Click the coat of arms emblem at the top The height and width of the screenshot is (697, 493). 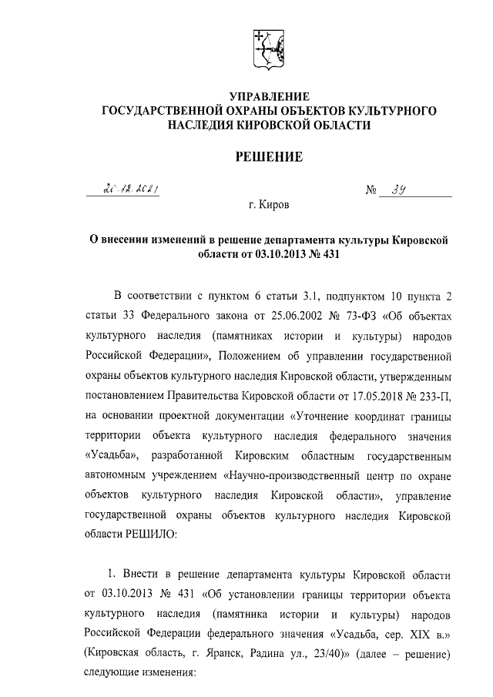tap(270, 48)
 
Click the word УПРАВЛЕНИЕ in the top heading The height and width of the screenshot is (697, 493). tap(270, 97)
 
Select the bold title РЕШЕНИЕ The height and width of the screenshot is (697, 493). tap(269, 158)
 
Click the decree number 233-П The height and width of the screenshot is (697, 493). tap(434, 397)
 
